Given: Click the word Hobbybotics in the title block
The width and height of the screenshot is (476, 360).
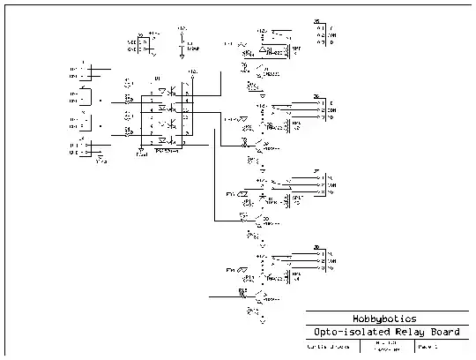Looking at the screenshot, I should [x=384, y=319].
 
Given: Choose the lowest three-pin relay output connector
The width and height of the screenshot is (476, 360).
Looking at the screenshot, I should [x=318, y=257].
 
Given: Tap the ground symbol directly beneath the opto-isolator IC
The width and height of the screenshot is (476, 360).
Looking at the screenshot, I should [x=142, y=153].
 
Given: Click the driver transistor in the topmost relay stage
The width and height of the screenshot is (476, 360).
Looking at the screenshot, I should [x=257, y=71].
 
